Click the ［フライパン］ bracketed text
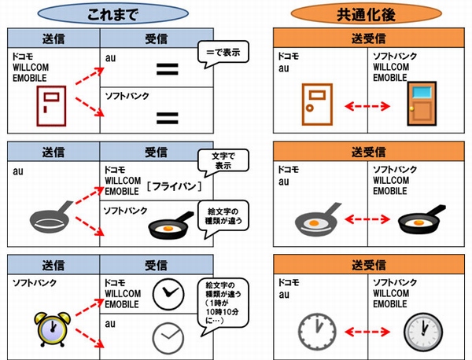tap(175, 186)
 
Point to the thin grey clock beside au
tap(166, 336)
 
